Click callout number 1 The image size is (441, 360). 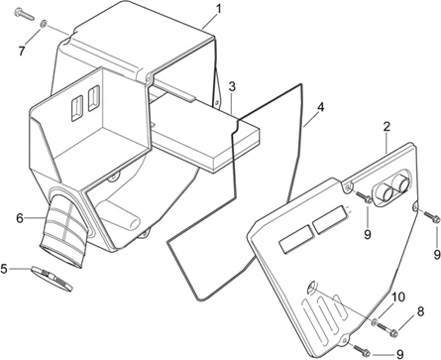(x=219, y=9)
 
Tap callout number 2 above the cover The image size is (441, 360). (x=386, y=127)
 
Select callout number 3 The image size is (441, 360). (x=232, y=87)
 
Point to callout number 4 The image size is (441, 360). (x=320, y=108)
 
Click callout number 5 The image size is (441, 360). (x=4, y=269)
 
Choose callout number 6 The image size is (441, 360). (x=20, y=218)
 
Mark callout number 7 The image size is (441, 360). (x=22, y=52)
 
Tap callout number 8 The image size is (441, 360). (x=420, y=311)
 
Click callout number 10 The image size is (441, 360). (x=398, y=298)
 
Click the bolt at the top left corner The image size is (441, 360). (x=24, y=13)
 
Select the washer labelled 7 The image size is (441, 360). (x=44, y=24)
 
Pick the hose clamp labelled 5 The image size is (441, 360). (x=52, y=278)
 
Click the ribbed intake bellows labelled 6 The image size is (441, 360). (x=64, y=230)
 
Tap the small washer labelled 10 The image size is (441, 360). (x=375, y=321)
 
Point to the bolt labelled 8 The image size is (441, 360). (x=387, y=329)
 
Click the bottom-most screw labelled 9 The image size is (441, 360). (x=362, y=349)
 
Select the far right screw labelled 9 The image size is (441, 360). (x=431, y=216)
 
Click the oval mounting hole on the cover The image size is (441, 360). (x=311, y=287)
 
